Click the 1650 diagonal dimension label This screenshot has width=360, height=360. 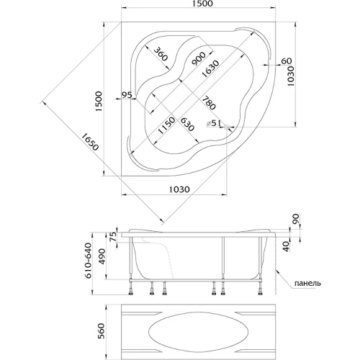(x=90, y=142)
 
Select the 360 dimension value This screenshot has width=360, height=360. (x=160, y=54)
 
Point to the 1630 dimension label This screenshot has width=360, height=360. (x=210, y=69)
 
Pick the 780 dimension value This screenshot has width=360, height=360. (x=208, y=103)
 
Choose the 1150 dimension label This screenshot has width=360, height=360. (x=166, y=125)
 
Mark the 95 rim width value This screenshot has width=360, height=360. (x=127, y=95)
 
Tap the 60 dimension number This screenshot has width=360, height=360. (x=286, y=61)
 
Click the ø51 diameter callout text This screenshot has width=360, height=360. (x=214, y=123)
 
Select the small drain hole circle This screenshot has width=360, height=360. (x=226, y=127)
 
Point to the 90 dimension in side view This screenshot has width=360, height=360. (x=296, y=218)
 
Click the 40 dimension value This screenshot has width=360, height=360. (x=287, y=247)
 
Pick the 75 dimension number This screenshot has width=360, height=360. (x=113, y=236)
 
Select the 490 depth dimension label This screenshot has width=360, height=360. (x=102, y=256)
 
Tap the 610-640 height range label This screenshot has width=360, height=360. (x=88, y=261)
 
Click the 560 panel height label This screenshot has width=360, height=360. (x=102, y=331)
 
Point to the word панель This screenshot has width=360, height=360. (x=307, y=283)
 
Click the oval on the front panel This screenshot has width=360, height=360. (x=198, y=333)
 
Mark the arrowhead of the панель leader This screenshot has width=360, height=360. (x=276, y=271)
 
